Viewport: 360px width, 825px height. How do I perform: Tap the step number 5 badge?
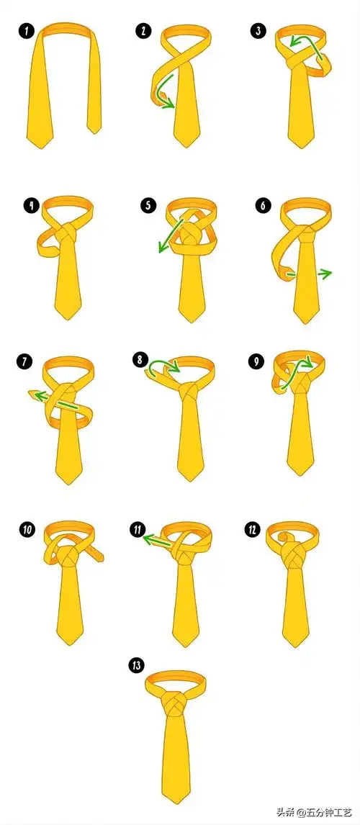[148, 205]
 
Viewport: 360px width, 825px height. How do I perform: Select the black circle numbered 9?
[256, 362]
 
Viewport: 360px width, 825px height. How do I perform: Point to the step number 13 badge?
[136, 666]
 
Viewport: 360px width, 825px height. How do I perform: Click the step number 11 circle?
[138, 530]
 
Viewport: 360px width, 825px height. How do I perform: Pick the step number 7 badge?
[24, 362]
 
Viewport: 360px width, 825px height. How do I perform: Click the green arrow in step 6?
[310, 274]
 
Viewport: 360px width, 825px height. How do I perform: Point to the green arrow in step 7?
[54, 400]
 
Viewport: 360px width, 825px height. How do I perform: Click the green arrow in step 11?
[158, 541]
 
